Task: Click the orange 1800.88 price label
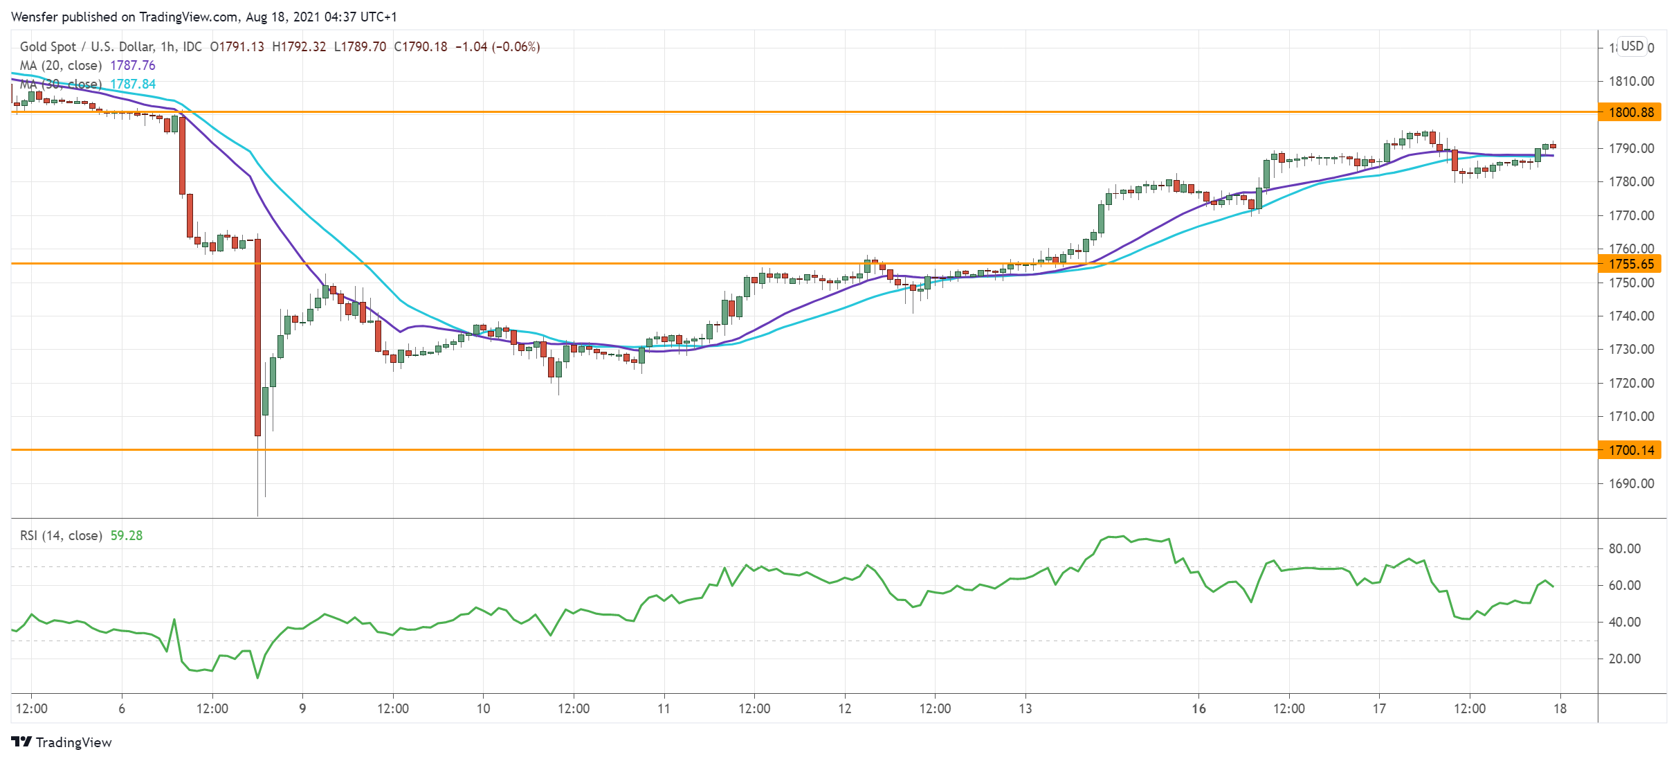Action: coord(1630,112)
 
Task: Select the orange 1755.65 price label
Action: coord(1630,264)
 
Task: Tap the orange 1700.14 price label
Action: coord(1630,450)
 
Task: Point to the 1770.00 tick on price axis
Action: coord(1631,215)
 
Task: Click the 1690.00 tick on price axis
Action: coord(1631,483)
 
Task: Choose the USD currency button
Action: coord(1632,46)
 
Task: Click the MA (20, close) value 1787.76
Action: coord(133,65)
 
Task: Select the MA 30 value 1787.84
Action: coord(133,84)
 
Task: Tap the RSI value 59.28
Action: coord(127,535)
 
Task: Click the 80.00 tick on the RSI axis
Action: coord(1624,548)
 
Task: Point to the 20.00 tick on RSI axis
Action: coord(1624,659)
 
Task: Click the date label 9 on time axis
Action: coord(302,708)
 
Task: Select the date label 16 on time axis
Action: coord(1198,708)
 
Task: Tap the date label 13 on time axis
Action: coord(1025,708)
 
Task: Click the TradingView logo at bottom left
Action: coord(62,742)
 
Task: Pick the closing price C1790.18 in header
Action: coord(421,46)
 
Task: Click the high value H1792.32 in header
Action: coord(299,46)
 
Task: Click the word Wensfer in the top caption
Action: coord(35,17)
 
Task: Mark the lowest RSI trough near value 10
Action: coord(257,677)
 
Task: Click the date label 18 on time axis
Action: coord(1560,708)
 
